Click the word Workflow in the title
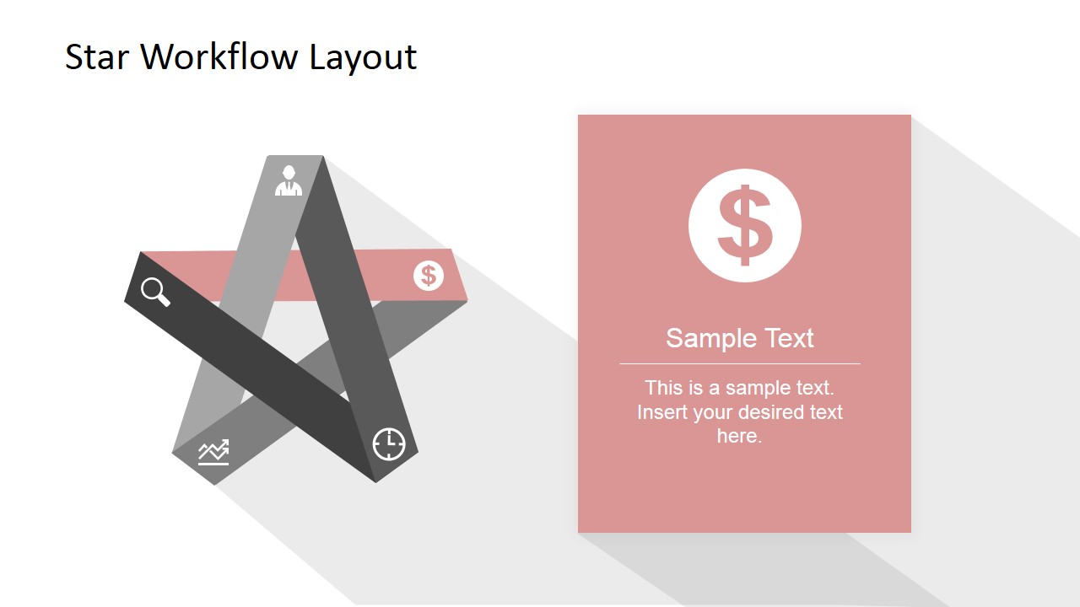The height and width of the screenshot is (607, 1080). (218, 57)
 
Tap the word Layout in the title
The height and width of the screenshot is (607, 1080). (363, 57)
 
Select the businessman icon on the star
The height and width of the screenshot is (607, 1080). (289, 180)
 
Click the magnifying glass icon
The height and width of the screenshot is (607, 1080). (155, 292)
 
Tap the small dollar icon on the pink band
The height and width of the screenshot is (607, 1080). (429, 275)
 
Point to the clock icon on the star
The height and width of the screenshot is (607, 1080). (389, 443)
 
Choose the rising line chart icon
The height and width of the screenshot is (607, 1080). (213, 453)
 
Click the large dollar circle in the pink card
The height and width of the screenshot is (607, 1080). (744, 226)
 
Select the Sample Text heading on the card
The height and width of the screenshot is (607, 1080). (740, 338)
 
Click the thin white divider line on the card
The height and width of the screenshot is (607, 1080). (740, 363)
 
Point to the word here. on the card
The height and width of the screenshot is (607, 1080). (739, 436)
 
